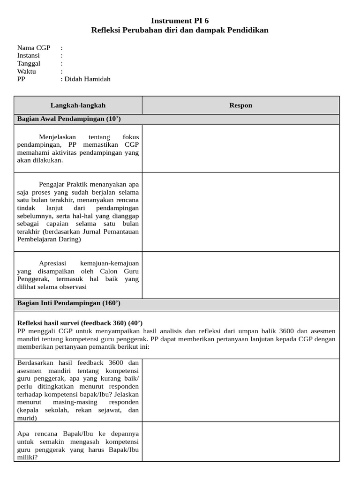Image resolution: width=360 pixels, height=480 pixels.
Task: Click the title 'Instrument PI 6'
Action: pyautogui.click(x=180, y=21)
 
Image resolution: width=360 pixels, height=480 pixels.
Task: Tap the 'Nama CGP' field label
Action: pyautogui.click(x=34, y=48)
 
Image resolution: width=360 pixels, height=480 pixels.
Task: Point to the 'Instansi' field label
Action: pyautogui.click(x=29, y=55)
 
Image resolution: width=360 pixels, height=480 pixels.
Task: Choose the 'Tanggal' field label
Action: pyautogui.click(x=29, y=63)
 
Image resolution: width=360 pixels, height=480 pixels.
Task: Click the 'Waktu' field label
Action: pyautogui.click(x=27, y=71)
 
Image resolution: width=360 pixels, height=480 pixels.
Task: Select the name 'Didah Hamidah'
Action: pyautogui.click(x=88, y=79)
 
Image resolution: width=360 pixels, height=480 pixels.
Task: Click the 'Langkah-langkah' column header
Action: pyautogui.click(x=78, y=105)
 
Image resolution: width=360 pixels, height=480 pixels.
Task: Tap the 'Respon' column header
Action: pyautogui.click(x=240, y=105)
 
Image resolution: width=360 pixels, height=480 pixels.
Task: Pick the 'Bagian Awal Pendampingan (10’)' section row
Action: pyautogui.click(x=69, y=119)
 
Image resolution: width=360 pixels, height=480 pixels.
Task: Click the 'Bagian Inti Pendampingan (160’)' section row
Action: pyautogui.click(x=69, y=303)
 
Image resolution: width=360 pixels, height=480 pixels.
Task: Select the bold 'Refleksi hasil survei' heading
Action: pyautogui.click(x=57, y=323)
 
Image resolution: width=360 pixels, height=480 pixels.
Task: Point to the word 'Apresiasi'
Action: pyautogui.click(x=53, y=263)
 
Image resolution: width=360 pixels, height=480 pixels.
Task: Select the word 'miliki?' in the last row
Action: pyautogui.click(x=28, y=457)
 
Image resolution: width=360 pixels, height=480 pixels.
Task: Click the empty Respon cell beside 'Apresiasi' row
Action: pyautogui.click(x=240, y=275)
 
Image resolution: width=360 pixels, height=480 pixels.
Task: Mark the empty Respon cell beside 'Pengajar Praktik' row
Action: pyautogui.click(x=240, y=212)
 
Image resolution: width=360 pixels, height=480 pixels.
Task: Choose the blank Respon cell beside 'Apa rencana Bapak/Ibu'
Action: pyautogui.click(x=240, y=442)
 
